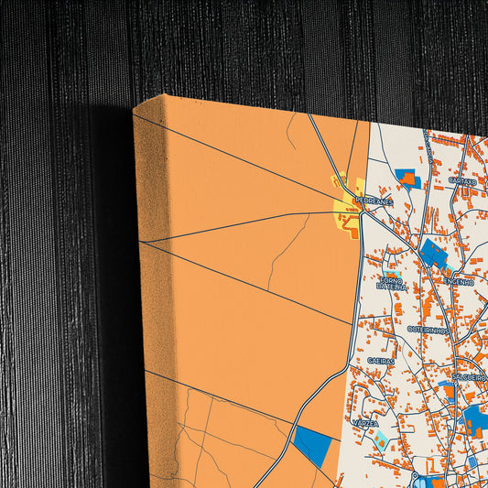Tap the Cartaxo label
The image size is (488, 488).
click(x=462, y=181)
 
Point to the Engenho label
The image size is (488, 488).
click(x=461, y=282)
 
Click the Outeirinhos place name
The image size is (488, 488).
click(x=428, y=327)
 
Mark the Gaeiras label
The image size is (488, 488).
click(x=381, y=361)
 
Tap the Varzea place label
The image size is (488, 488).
click(x=366, y=425)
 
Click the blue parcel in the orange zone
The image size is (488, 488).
click(x=312, y=446)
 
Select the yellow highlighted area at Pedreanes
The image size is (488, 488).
click(x=348, y=212)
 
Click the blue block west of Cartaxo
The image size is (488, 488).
click(x=407, y=176)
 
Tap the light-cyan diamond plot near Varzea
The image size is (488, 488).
click(x=379, y=440)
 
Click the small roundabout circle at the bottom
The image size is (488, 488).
click(x=416, y=477)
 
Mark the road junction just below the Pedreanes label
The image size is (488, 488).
click(x=363, y=213)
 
